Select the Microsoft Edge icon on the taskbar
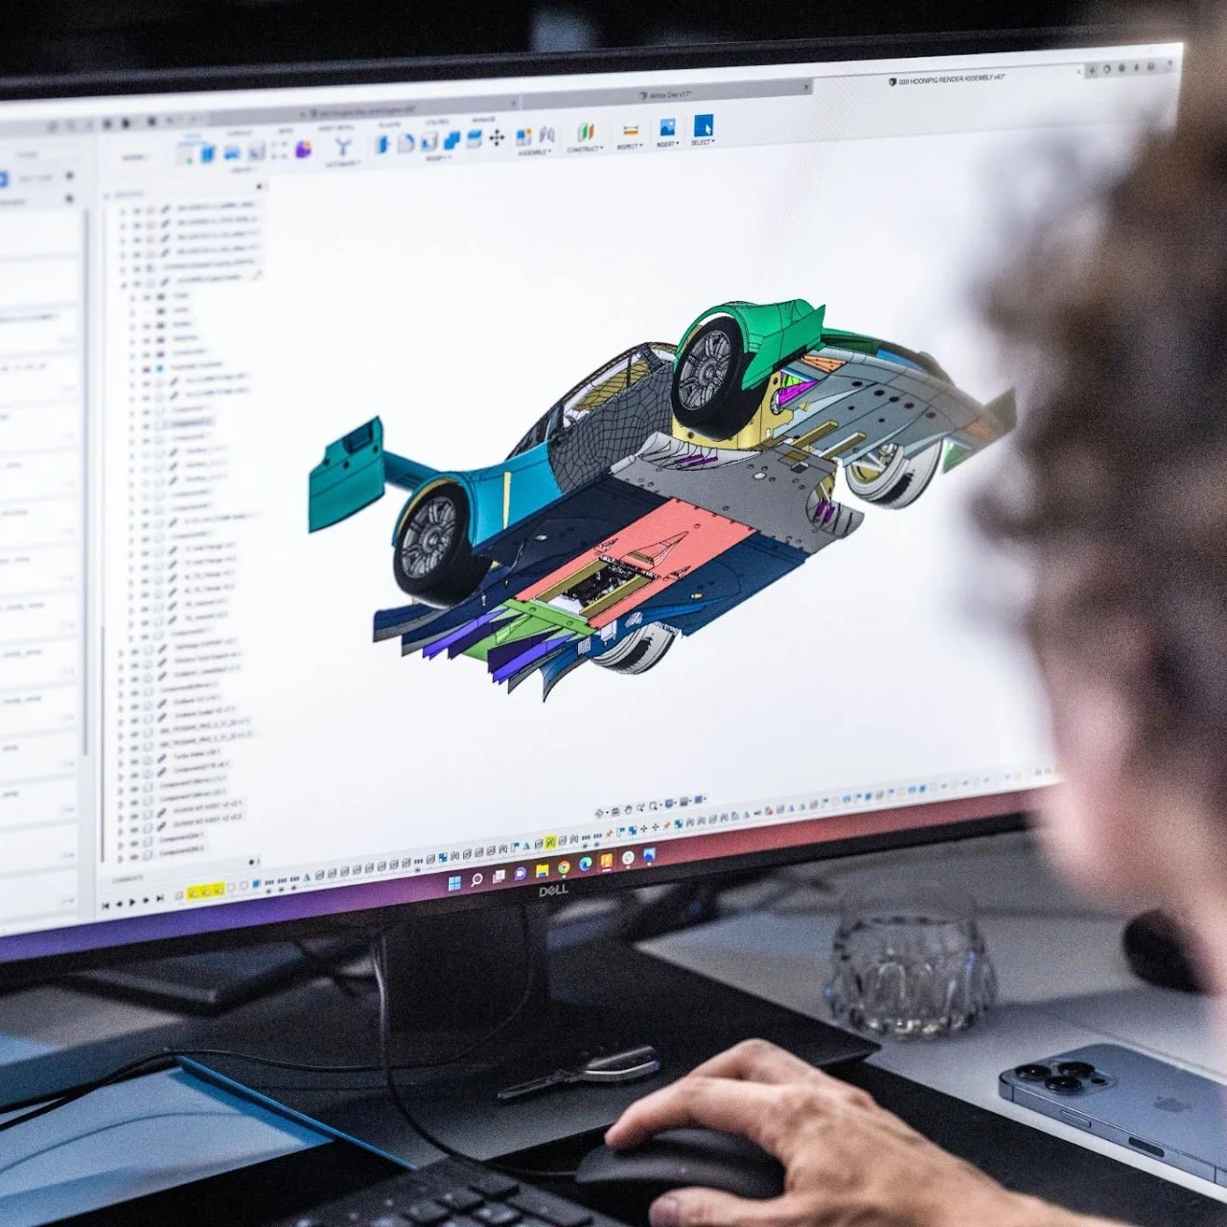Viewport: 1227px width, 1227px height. click(x=586, y=864)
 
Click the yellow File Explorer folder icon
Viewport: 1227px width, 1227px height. click(x=543, y=870)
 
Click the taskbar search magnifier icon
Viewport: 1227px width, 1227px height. click(x=477, y=880)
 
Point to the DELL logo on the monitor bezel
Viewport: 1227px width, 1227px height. click(x=553, y=891)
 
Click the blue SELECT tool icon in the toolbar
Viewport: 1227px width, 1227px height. click(x=704, y=127)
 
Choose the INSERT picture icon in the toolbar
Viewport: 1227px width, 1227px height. click(x=667, y=127)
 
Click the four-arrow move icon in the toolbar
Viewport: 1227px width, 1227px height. click(x=497, y=139)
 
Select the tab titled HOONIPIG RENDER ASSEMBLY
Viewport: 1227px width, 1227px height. click(x=949, y=81)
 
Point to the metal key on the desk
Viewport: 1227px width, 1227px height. click(x=585, y=1072)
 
